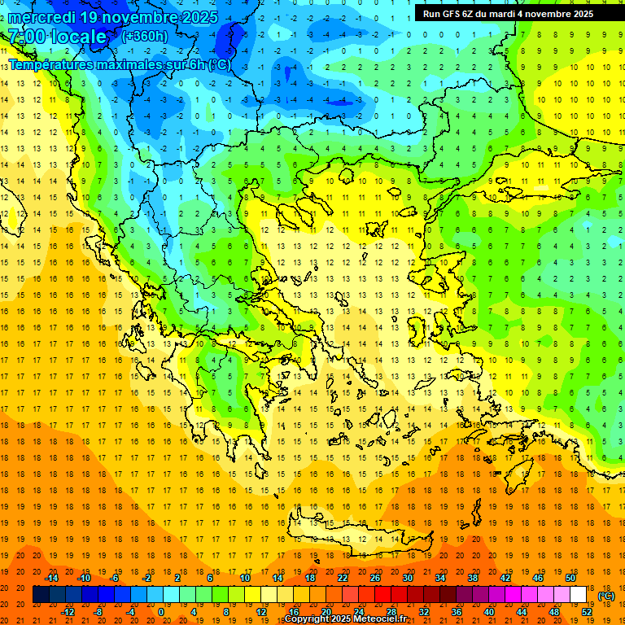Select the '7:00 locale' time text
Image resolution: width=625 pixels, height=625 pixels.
pos(57,37)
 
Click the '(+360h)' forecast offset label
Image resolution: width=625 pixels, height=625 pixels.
pos(145,37)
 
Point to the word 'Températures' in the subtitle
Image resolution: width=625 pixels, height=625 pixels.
pos(57,64)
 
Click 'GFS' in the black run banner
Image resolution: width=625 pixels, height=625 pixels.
pos(452,14)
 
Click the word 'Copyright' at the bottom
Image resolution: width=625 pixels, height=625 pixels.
pos(309,619)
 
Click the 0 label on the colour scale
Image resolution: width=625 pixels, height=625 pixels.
pos(161,612)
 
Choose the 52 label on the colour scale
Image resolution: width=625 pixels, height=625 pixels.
pos(587,612)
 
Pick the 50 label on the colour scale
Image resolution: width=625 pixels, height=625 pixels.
pos(570,578)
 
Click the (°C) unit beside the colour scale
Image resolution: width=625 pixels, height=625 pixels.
pos(606,596)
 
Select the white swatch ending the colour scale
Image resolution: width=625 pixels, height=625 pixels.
pos(578,595)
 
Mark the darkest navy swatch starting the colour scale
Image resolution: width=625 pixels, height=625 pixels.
pos(41,595)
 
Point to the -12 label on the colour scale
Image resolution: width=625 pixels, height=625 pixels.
pos(68,612)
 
